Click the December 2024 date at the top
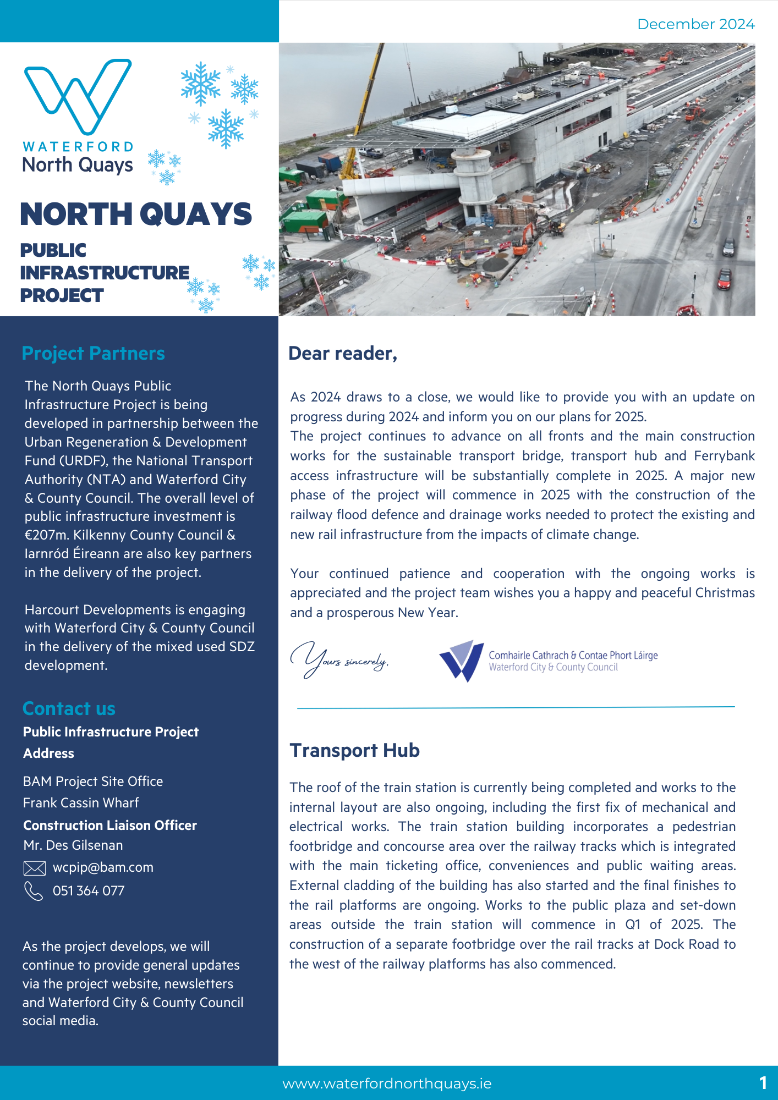(x=695, y=24)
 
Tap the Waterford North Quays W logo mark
(x=78, y=96)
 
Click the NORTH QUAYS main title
(x=136, y=214)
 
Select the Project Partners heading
(x=93, y=353)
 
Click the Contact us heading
(x=69, y=708)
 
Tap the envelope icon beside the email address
(x=34, y=868)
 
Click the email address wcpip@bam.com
(x=103, y=867)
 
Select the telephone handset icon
(x=34, y=891)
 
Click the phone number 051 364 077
(x=89, y=891)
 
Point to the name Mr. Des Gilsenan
(x=73, y=845)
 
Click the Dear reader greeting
(x=342, y=353)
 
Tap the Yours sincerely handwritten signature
(x=338, y=660)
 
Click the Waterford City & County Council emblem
(x=461, y=660)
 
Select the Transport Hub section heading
(x=354, y=750)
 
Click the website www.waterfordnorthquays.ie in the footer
(x=387, y=1083)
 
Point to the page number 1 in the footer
(x=763, y=1083)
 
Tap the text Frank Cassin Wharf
(x=81, y=803)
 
